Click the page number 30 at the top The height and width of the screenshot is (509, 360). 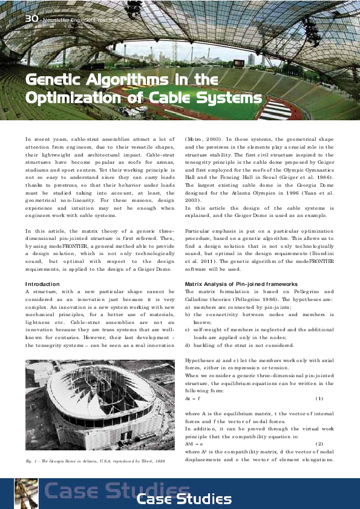coord(31,19)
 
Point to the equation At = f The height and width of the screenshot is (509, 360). coord(192,399)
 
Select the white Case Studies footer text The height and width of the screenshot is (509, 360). coord(184,499)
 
